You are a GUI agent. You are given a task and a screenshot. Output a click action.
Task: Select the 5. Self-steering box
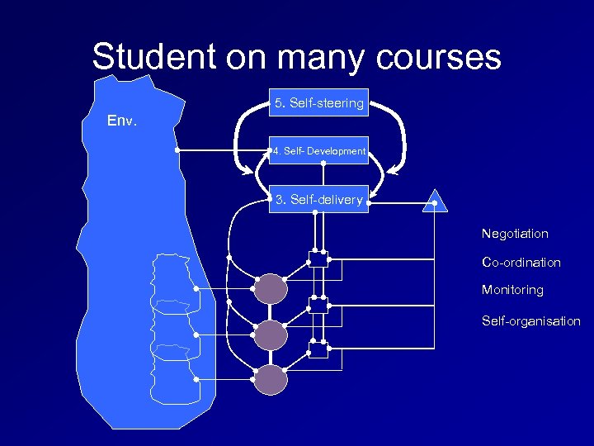(318, 103)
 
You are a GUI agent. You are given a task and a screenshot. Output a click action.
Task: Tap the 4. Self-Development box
(318, 151)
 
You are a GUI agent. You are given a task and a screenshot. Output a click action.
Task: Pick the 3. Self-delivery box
(318, 200)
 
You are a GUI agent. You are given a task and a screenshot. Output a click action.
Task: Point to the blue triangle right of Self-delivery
(434, 202)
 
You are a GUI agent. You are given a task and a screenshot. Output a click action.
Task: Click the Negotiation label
(515, 234)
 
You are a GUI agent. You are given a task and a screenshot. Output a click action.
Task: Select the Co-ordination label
(521, 263)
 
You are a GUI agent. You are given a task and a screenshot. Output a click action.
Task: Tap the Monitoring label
(512, 291)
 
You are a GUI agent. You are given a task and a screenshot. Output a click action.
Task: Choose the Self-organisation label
(531, 321)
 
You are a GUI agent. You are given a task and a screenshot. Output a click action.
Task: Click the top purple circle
(271, 288)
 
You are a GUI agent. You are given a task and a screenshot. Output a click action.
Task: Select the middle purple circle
(271, 334)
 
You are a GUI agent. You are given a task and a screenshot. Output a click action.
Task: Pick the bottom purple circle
(271, 379)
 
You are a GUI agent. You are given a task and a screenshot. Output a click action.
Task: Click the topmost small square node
(318, 258)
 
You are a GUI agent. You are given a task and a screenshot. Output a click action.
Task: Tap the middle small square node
(318, 304)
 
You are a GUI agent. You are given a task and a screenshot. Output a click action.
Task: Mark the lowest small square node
(318, 349)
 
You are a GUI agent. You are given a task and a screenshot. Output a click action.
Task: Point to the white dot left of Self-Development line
(177, 151)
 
